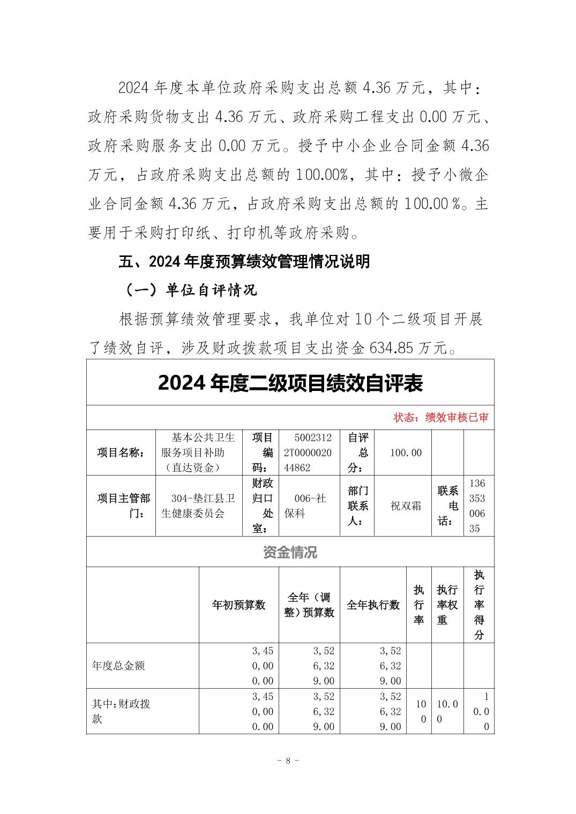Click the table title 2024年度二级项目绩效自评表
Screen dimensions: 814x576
[290, 383]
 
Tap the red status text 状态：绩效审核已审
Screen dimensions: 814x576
[440, 418]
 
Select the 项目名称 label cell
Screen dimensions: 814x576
[121, 453]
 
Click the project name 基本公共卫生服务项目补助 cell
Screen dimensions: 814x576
[198, 453]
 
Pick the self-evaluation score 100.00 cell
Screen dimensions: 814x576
[406, 453]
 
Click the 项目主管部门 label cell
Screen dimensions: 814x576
[121, 506]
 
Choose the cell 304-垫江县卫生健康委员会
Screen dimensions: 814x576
[198, 506]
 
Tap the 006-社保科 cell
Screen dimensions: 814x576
[309, 506]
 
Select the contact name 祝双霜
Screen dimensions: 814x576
[406, 506]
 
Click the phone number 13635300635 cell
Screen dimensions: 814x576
[478, 506]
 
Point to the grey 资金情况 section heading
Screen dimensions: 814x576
[290, 552]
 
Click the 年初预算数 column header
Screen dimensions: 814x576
[239, 605]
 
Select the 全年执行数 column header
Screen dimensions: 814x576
[373, 605]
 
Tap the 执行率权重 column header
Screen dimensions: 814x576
[447, 605]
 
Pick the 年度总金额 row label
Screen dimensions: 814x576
[118, 666]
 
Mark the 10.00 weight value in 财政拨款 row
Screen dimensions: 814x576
[447, 711]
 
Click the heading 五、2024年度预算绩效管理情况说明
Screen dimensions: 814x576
[244, 262]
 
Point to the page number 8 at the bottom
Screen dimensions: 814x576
[288, 760]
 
